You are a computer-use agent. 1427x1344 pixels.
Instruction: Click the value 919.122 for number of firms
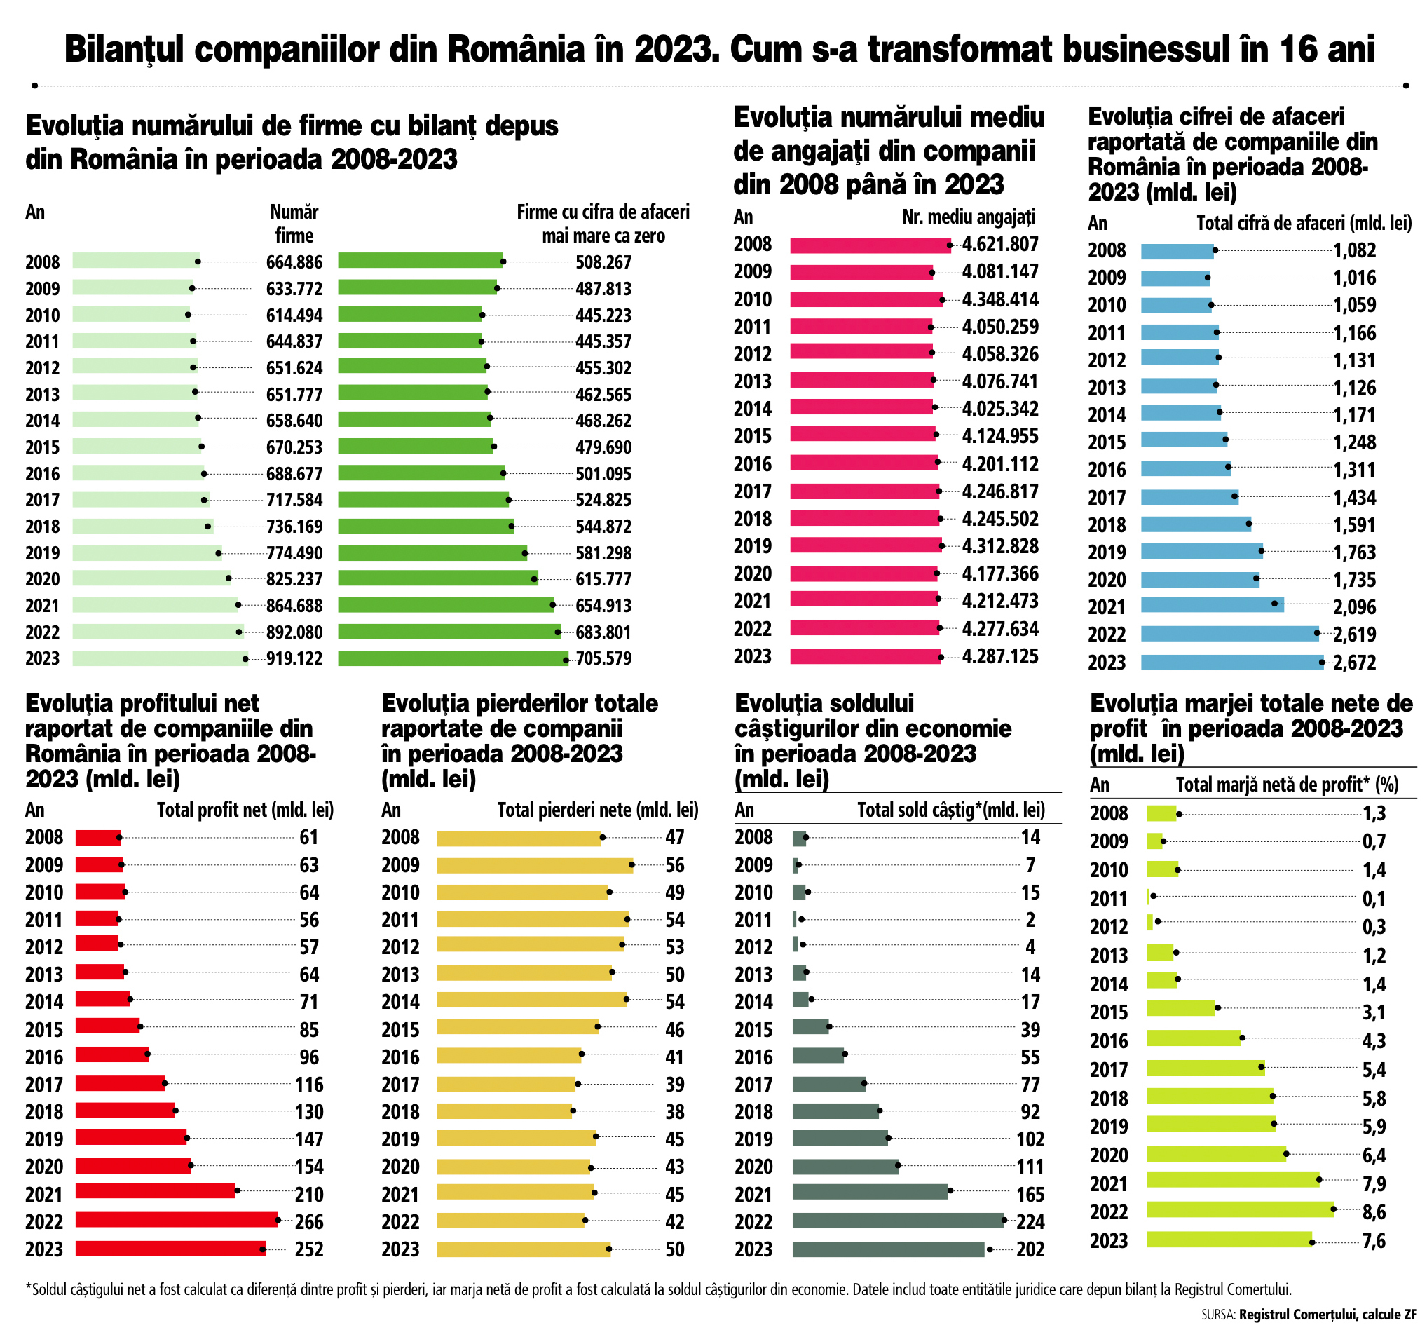tap(294, 658)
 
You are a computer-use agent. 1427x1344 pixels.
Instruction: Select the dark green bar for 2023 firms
tap(452, 658)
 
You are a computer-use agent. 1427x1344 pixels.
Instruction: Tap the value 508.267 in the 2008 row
tap(603, 262)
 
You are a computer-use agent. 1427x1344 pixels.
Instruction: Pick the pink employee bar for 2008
tap(870, 245)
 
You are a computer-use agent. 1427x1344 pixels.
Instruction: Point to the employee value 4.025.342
tap(1000, 409)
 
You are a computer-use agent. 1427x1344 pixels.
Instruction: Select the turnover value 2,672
tap(1355, 662)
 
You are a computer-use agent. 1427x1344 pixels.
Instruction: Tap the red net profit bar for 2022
tap(177, 1220)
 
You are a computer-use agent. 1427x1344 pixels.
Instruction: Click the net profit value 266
tap(309, 1222)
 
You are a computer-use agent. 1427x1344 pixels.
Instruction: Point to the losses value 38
tap(675, 1111)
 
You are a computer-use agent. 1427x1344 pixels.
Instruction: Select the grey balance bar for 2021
tap(870, 1192)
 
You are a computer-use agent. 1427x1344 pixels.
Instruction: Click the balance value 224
tap(1030, 1222)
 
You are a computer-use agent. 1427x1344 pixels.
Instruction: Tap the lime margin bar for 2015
tap(1181, 1008)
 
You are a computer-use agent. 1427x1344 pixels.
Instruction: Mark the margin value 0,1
tap(1374, 898)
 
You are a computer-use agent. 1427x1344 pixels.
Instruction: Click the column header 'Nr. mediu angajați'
tap(969, 217)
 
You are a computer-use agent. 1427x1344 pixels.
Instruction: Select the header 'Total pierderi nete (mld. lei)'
tap(597, 810)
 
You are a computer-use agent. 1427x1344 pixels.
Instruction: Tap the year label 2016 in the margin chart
tap(1109, 1041)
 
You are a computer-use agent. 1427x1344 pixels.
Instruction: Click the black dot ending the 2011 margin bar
tap(1154, 895)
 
